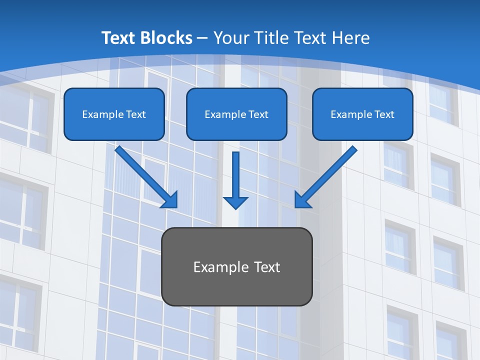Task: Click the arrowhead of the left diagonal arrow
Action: [170, 200]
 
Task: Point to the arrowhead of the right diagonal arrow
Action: [302, 200]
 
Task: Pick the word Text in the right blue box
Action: [384, 114]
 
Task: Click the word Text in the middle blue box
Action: [258, 114]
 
